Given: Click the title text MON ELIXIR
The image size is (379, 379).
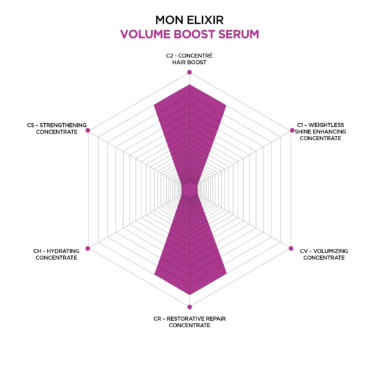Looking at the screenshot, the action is click(x=189, y=20).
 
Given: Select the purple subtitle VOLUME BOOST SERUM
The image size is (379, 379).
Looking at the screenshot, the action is click(x=189, y=34).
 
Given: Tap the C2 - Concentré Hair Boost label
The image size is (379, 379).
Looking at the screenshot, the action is click(x=189, y=59).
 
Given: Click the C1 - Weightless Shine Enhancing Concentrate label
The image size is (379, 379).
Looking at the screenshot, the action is click(x=320, y=132).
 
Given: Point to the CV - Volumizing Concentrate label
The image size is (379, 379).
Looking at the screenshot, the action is click(x=324, y=255).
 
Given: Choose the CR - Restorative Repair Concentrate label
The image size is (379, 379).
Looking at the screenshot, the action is click(x=189, y=322).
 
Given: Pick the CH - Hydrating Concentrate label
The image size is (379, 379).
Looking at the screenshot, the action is click(x=56, y=255).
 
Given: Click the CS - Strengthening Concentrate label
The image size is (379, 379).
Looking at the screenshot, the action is click(x=57, y=129).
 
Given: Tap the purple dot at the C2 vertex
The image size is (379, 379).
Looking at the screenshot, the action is click(x=189, y=72).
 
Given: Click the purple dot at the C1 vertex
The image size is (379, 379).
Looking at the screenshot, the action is click(x=292, y=131).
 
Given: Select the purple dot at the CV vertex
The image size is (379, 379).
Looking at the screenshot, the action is click(x=291, y=248).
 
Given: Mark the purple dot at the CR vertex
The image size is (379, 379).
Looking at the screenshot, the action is click(x=189, y=307).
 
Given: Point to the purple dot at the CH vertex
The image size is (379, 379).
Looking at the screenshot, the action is click(x=88, y=248).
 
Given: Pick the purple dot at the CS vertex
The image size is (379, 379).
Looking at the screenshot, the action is click(x=88, y=131).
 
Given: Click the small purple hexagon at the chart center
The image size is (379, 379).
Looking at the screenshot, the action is click(x=189, y=189).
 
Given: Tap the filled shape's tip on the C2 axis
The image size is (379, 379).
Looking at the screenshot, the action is click(x=189, y=85).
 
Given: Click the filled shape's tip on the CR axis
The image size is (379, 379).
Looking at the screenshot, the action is click(x=189, y=294).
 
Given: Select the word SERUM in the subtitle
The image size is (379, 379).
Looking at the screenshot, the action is click(x=239, y=34).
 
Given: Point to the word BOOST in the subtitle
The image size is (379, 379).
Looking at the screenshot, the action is click(x=195, y=34).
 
